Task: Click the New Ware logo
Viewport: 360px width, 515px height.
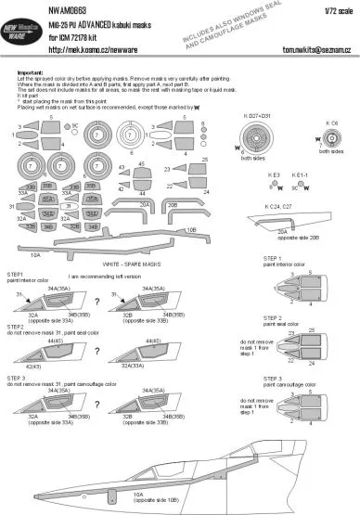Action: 30,34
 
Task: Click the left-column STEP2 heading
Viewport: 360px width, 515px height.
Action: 15,328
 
